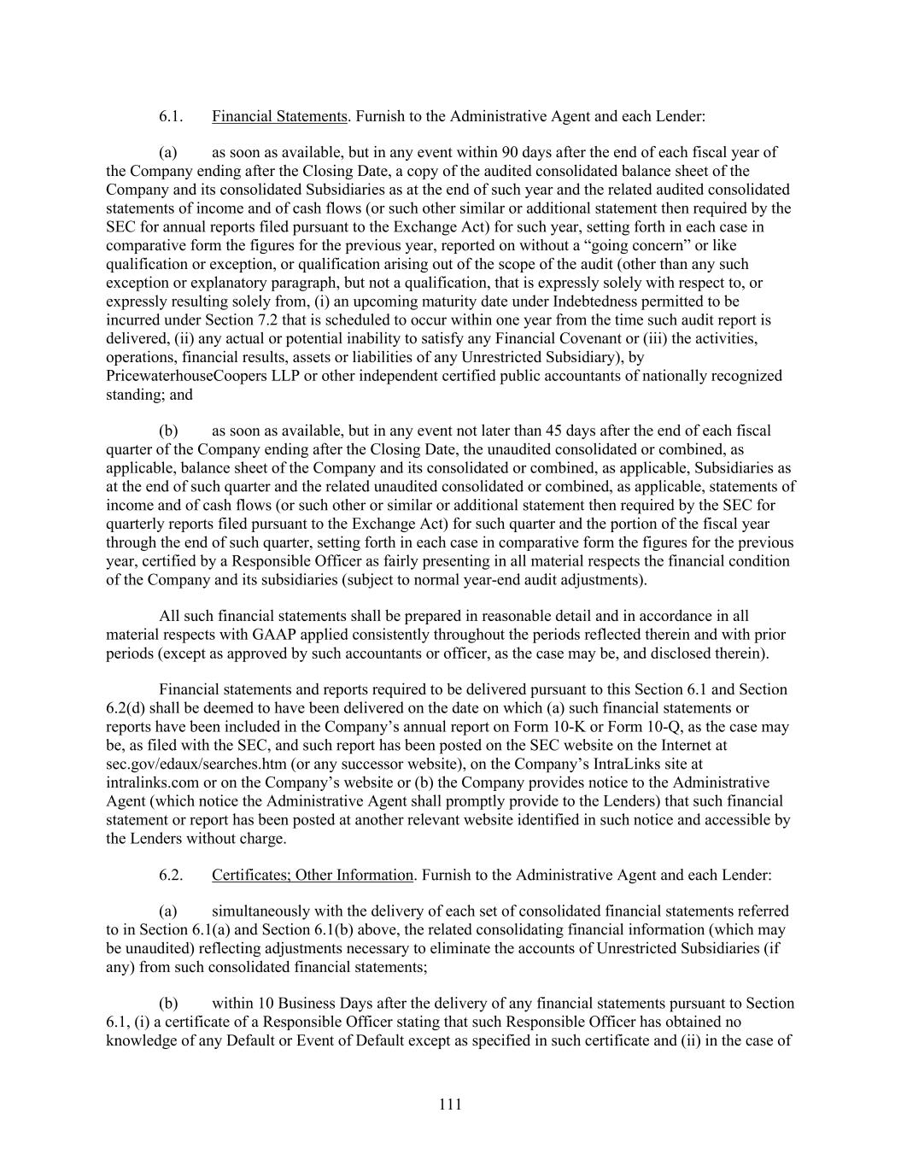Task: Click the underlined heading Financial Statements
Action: pyautogui.click(x=279, y=116)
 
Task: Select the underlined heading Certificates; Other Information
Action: pyautogui.click(x=312, y=875)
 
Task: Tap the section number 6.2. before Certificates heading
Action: pyautogui.click(x=171, y=875)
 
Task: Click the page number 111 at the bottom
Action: pyautogui.click(x=450, y=1104)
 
